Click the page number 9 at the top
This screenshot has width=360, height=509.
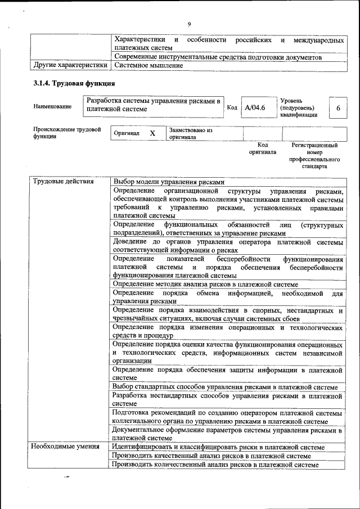[190, 24]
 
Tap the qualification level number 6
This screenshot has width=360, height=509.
[337, 107]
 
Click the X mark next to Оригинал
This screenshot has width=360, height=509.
[152, 133]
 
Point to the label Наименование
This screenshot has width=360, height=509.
[52, 107]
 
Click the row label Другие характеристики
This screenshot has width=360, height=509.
[70, 65]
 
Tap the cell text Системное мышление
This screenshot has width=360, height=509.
[148, 65]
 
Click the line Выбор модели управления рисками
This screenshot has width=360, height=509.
[169, 182]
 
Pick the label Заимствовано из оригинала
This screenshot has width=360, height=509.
[190, 133]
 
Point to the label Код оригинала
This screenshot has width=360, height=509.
[263, 148]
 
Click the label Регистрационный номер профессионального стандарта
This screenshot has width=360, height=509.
[314, 156]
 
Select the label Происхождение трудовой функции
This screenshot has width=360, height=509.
[66, 133]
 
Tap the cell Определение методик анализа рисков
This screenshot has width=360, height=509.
[209, 285]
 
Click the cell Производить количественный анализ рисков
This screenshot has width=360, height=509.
[215, 465]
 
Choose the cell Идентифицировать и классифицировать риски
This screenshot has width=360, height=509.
[218, 447]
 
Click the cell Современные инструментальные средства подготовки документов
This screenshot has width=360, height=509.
[218, 57]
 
